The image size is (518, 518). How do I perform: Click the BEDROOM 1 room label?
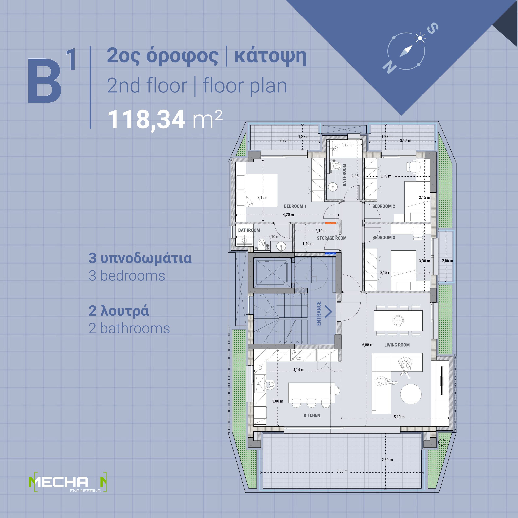point(295,206)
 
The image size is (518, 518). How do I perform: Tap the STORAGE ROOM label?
point(332,238)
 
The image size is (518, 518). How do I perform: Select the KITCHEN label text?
point(312,415)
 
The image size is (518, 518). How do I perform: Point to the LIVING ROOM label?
point(397,345)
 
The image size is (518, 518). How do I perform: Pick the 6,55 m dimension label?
point(368,345)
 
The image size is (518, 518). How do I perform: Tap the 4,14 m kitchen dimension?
point(298,370)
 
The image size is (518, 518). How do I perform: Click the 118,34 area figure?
point(146,120)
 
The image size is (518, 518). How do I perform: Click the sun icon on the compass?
point(420,38)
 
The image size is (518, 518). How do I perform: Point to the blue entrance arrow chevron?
point(329,312)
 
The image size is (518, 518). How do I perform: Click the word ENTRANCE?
point(319,313)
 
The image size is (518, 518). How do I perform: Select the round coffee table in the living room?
point(411,394)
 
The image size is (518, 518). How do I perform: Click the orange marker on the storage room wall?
point(331,223)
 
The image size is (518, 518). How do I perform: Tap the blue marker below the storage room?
point(331,253)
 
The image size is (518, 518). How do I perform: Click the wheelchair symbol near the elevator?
point(311,274)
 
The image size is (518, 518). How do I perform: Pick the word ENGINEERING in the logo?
point(85,491)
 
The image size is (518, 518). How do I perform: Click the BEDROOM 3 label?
point(383,238)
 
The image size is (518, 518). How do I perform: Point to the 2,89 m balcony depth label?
point(387,460)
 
